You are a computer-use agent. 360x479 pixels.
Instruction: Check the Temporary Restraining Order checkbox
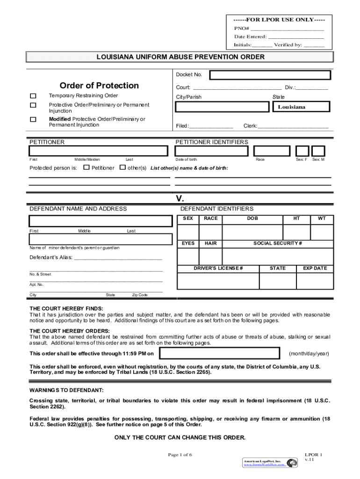33,96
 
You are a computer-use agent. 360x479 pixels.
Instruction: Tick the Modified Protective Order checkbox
33,119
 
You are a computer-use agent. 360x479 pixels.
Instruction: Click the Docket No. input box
270,75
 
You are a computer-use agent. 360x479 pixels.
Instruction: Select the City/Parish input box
222,107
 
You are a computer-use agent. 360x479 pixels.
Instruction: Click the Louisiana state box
301,107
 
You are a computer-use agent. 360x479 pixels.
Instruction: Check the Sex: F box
302,151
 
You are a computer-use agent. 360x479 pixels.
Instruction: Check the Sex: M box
318,151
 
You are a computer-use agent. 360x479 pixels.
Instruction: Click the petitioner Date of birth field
211,151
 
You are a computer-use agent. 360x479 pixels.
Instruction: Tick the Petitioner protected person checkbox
86,167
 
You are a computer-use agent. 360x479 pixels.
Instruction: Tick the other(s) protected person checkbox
122,167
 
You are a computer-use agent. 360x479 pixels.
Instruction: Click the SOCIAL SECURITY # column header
278,244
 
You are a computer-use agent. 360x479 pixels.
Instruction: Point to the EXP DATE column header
315,269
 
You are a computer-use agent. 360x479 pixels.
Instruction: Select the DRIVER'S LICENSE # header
218,269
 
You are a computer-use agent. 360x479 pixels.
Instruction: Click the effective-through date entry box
219,353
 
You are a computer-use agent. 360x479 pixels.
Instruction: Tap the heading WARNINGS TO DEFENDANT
67,390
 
